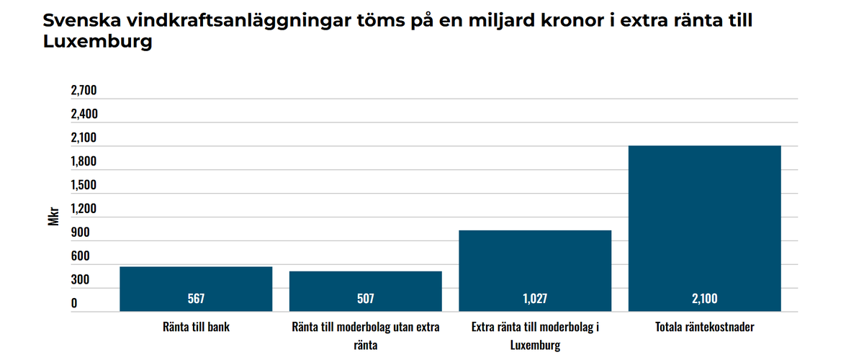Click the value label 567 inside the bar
pos(196,298)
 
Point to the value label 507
pos(365,298)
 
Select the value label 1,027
pos(535,298)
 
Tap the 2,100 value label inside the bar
pos(704,298)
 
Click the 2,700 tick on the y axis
pos(84,91)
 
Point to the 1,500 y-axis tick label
pos(84,185)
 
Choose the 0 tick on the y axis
pos(73,303)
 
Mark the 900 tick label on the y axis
pos(80,233)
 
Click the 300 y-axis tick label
pos(80,279)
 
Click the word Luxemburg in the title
pos(98,42)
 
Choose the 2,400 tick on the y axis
pos(84,114)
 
